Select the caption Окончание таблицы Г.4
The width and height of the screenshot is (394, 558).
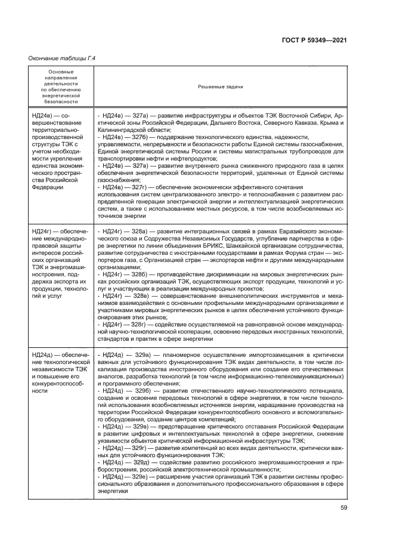[63, 58]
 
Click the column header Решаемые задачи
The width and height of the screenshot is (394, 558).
[219, 87]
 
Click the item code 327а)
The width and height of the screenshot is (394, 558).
[140, 114]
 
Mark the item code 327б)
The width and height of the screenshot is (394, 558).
[140, 137]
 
